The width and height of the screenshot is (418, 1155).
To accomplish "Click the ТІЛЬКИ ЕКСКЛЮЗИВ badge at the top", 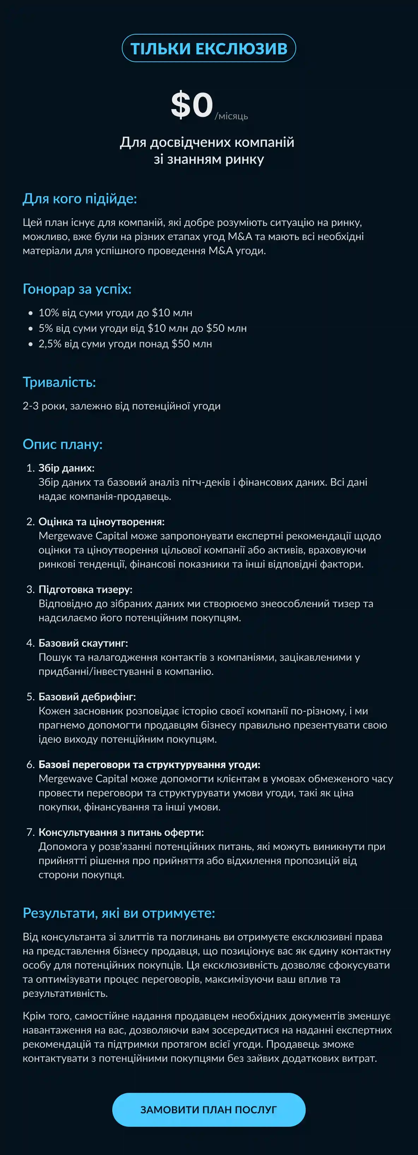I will click(x=209, y=48).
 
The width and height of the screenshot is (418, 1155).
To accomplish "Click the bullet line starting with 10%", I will click(x=115, y=312).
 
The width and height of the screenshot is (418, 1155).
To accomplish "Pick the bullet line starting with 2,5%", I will click(x=125, y=344).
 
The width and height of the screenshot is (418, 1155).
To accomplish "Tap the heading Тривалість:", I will click(x=59, y=382).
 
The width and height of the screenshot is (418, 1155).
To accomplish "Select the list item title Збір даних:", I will click(x=66, y=468).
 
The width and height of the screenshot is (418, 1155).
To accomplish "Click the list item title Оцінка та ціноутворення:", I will click(x=101, y=521).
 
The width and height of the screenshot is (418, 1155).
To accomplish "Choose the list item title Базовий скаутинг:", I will click(x=83, y=643).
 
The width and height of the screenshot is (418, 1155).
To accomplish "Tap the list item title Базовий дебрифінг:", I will click(x=87, y=697).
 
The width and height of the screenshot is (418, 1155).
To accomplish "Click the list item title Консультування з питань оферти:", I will click(x=121, y=832).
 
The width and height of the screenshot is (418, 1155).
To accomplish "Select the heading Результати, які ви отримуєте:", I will click(x=119, y=913).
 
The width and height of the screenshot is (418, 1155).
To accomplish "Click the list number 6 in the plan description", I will click(x=30, y=765).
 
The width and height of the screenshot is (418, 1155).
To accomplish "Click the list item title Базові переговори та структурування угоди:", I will click(x=149, y=765).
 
